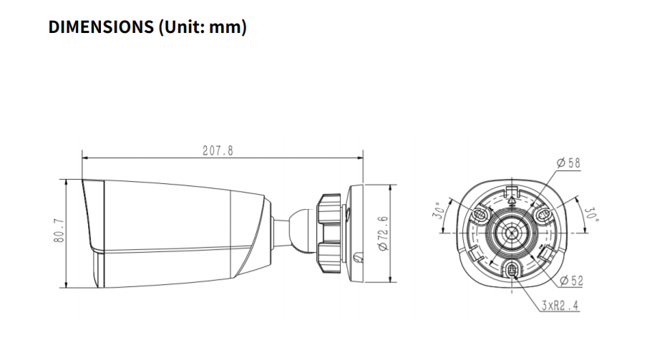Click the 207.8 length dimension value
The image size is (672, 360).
point(218,150)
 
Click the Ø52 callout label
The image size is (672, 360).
point(570,281)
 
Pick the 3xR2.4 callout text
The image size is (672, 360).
point(560,306)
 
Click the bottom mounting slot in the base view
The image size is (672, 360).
point(512,270)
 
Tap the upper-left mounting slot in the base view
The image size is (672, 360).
point(482,215)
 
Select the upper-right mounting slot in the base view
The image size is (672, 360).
point(542,215)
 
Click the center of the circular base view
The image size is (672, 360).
point(512,233)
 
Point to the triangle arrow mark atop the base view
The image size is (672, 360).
point(512,202)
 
